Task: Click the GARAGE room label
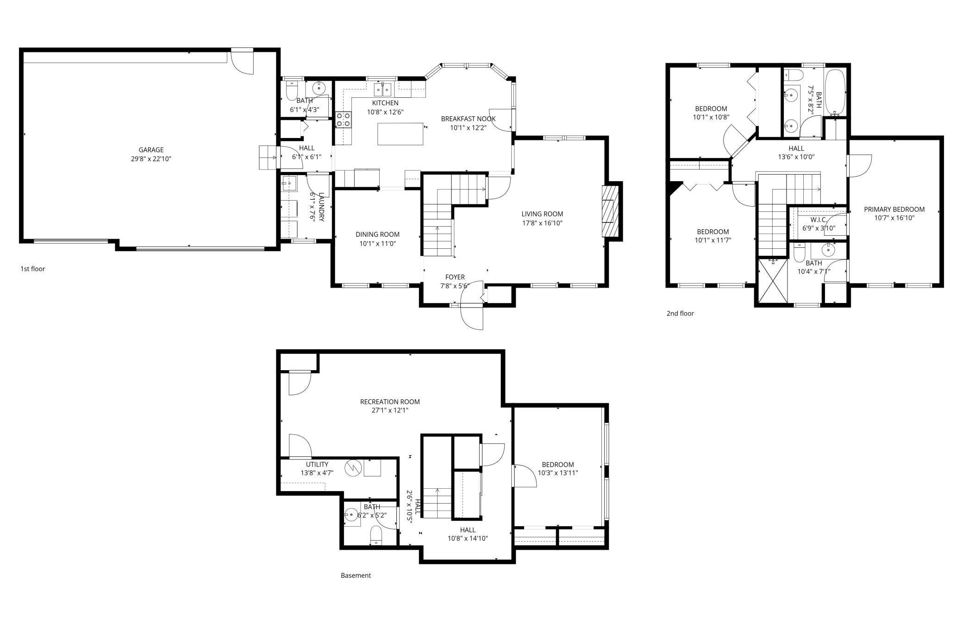(151, 150)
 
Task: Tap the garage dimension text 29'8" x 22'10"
(151, 159)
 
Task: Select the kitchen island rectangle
(400, 134)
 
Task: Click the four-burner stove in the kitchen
(344, 120)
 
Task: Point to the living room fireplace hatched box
(610, 211)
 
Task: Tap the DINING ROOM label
(377, 234)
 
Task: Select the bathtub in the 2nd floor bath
(836, 93)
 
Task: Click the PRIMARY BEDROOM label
(894, 209)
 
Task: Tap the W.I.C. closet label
(818, 220)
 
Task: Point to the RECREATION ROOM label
(390, 402)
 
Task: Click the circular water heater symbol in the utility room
(352, 467)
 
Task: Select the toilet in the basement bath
(376, 538)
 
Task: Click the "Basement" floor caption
(356, 575)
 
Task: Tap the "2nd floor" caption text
(680, 313)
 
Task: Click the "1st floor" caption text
(32, 269)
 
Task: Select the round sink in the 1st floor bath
(319, 88)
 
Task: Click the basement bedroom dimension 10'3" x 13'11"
(558, 473)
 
